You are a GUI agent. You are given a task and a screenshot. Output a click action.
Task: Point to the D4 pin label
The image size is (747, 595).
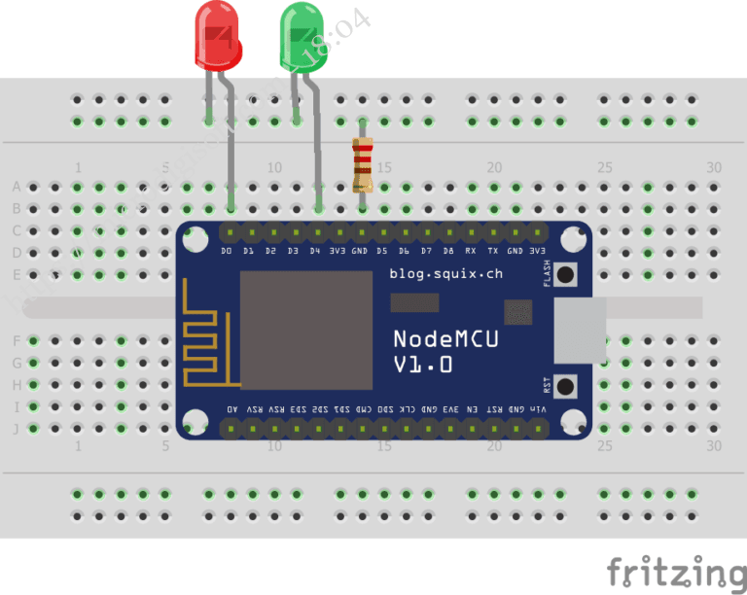pos(315,251)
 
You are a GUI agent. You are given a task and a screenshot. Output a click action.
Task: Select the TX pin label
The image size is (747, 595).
pos(492,251)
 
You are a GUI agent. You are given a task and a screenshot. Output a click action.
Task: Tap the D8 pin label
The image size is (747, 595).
pos(448,251)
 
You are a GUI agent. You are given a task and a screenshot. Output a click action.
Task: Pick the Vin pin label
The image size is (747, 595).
pos(538,409)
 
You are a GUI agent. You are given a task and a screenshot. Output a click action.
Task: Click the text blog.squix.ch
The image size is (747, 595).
pos(446,273)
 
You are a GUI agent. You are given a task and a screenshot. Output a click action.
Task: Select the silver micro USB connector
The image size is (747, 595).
pos(580,331)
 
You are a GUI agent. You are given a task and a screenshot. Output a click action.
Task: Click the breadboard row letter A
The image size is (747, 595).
pos(16,186)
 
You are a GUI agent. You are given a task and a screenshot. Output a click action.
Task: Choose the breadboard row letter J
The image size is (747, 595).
pos(16,428)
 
